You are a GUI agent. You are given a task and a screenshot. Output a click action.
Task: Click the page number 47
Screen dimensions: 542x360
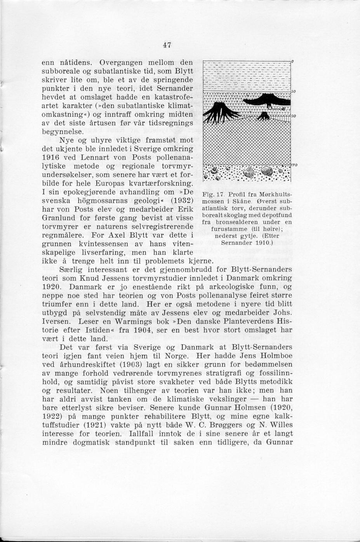[167, 45]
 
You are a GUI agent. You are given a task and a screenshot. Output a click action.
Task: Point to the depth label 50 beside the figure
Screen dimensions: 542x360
[294, 91]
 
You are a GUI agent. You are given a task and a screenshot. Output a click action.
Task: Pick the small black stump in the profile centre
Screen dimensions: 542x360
[264, 115]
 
